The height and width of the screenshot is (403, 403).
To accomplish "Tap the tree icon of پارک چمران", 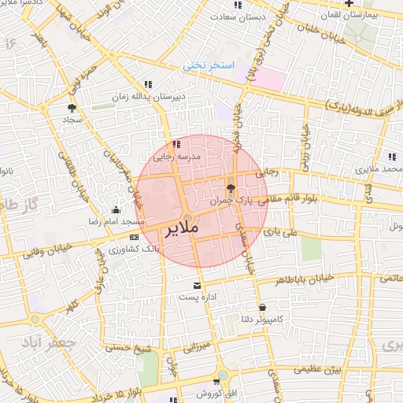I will [x=230, y=188].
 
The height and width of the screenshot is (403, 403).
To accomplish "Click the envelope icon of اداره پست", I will [x=197, y=285].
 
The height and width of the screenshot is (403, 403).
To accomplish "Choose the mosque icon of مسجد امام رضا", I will [x=116, y=209].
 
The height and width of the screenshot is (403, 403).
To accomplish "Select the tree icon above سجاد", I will [x=72, y=107].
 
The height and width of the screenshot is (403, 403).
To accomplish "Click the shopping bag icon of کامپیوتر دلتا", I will [x=262, y=308].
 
